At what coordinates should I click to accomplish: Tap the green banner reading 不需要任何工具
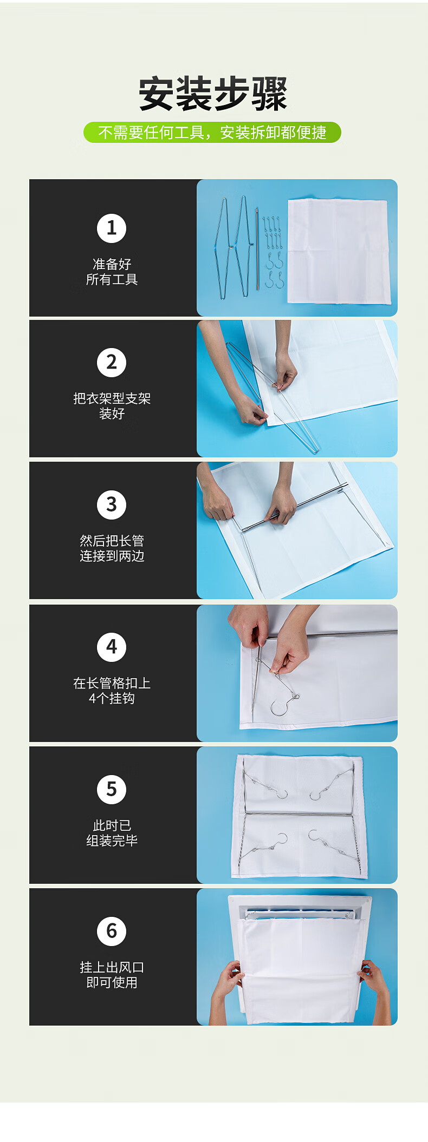tap(212, 133)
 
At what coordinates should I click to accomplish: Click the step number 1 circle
tap(112, 228)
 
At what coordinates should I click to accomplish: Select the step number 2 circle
tap(112, 363)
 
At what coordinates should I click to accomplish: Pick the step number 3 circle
tap(112, 505)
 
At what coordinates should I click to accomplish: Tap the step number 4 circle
tap(112, 647)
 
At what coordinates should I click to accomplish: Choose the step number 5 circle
tap(112, 789)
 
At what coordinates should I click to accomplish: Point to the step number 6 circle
tap(112, 931)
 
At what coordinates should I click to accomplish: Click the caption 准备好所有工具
tap(112, 272)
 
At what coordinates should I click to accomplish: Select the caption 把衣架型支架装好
tap(112, 406)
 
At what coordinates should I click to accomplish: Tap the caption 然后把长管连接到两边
tap(112, 548)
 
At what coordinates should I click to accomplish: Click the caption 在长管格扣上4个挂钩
tap(112, 691)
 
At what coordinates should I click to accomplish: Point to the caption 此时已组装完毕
tap(112, 833)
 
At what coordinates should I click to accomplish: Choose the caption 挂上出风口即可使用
tap(112, 975)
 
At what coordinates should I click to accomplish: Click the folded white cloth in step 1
tap(339, 251)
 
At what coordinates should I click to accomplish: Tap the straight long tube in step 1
tap(257, 250)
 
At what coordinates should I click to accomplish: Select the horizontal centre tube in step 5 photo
tap(299, 813)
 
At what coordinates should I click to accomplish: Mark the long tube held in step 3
tap(293, 510)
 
